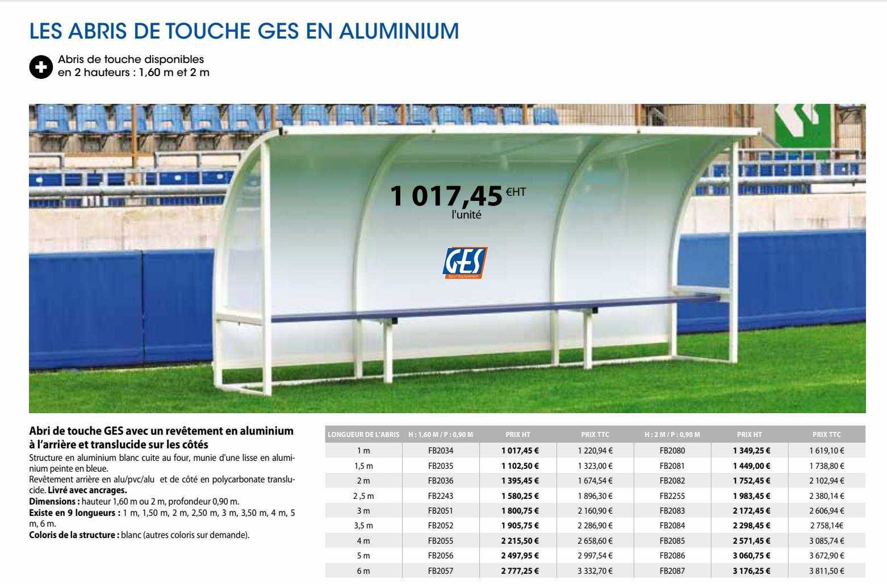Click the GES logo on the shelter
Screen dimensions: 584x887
(465, 263)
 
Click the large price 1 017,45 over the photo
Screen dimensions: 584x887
(447, 196)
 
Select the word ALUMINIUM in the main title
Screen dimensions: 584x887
(399, 31)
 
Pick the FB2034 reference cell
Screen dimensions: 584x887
(441, 451)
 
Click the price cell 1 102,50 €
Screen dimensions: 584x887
(520, 466)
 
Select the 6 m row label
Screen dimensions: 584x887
(363, 571)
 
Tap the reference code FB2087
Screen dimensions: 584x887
(672, 571)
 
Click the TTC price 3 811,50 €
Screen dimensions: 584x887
(827, 571)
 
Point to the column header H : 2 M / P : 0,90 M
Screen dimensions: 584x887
(672, 435)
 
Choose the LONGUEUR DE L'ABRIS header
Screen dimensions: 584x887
(363, 435)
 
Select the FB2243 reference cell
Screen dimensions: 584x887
(441, 495)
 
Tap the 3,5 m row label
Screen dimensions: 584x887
(363, 526)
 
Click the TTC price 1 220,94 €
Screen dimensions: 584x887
(595, 451)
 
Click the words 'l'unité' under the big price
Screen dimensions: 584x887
(466, 216)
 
